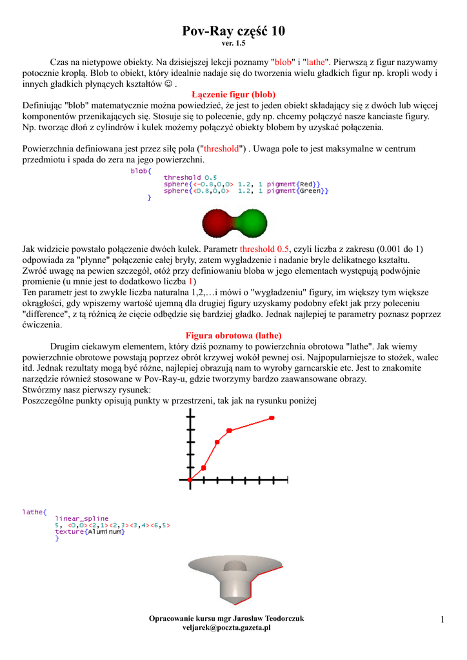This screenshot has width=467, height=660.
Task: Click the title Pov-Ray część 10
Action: point(234,31)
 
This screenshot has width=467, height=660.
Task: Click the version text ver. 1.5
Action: point(234,44)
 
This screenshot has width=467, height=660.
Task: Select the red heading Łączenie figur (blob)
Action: point(234,94)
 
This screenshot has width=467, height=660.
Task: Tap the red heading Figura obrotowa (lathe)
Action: point(234,336)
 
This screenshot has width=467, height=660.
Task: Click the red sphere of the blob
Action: point(216,223)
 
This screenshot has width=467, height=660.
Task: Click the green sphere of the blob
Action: point(252,223)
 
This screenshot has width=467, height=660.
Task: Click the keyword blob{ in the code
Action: point(141,171)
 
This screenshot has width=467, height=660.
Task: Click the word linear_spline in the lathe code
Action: point(82,518)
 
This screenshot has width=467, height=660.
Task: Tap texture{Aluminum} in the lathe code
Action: point(90,532)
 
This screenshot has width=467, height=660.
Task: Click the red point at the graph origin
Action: point(190,480)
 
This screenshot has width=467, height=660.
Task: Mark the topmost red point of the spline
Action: point(272,418)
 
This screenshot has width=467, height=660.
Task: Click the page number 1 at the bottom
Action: point(443,619)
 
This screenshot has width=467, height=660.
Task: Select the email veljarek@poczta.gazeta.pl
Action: point(226,627)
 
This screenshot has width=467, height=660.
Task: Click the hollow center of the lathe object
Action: point(234,567)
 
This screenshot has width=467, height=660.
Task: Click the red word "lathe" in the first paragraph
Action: point(315,63)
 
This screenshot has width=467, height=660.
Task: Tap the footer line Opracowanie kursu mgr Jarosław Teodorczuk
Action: point(226,618)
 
